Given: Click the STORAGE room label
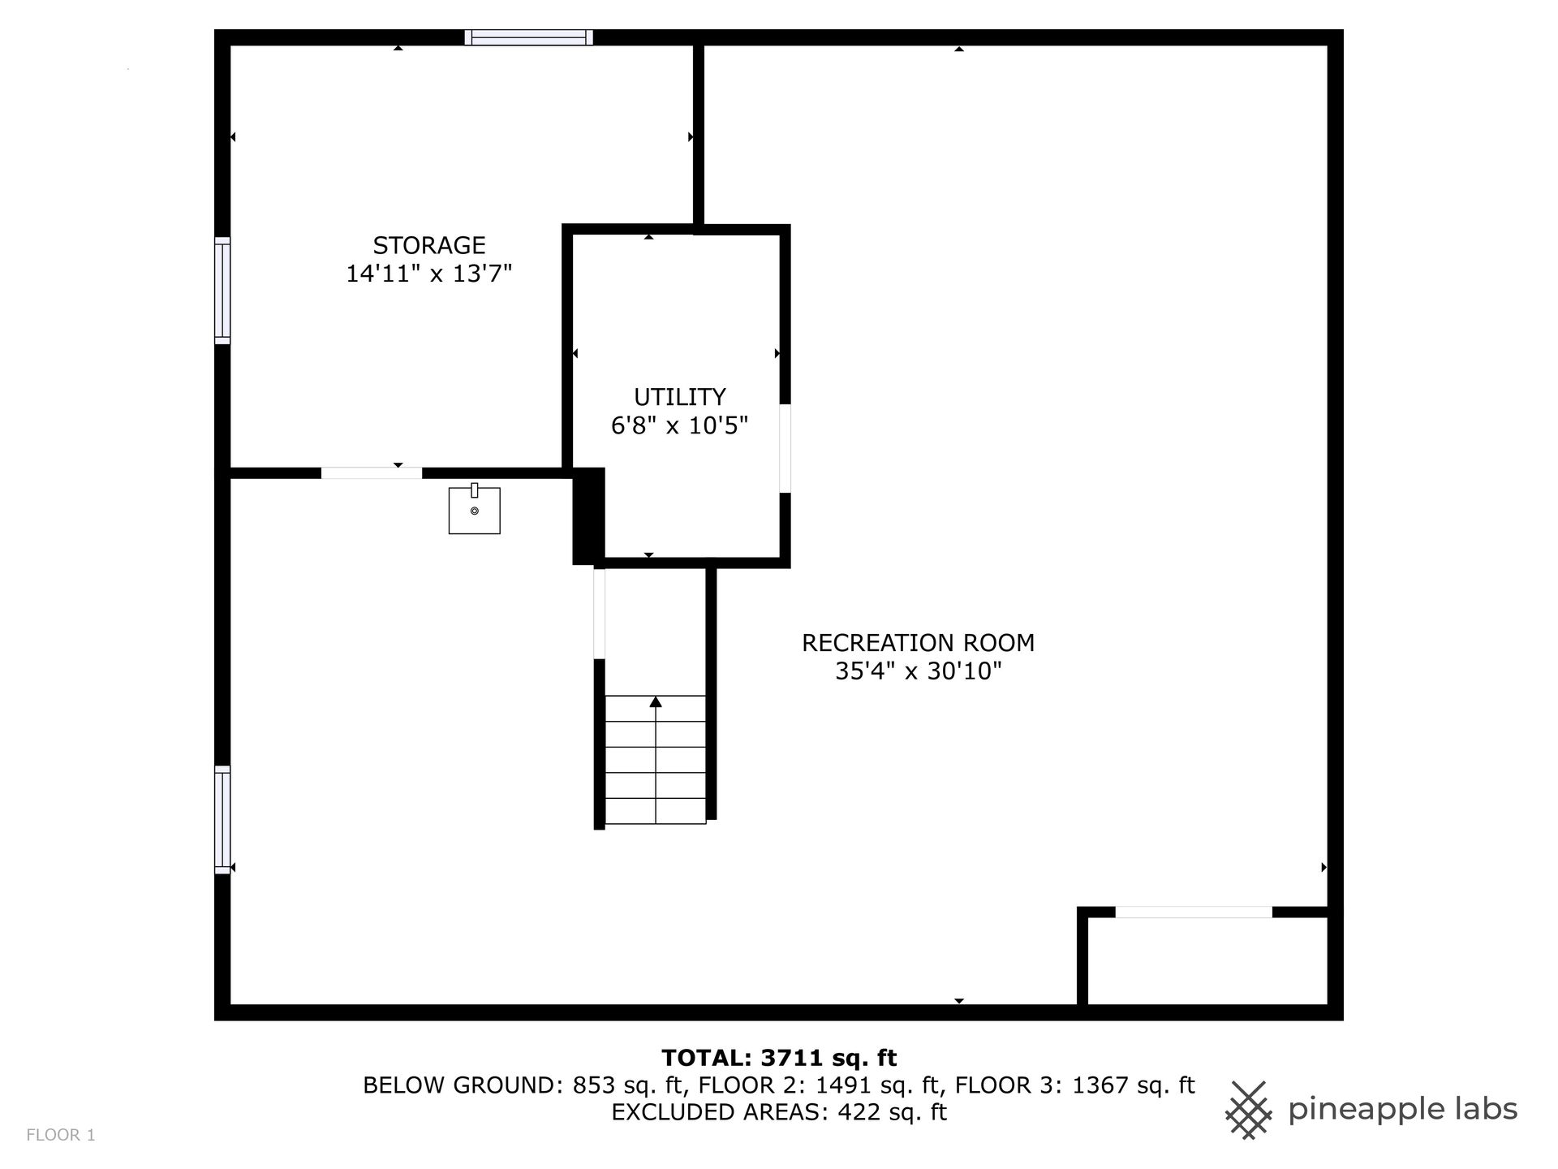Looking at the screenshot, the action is [x=429, y=245].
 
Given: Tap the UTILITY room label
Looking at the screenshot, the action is [x=680, y=397].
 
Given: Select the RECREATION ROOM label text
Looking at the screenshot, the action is [x=919, y=643].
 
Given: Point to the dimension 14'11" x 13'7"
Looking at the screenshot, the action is [x=429, y=274].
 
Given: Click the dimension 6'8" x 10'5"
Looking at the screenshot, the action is [x=680, y=425].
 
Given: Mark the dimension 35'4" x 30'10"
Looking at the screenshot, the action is [x=919, y=671].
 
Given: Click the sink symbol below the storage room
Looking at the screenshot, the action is [x=475, y=509].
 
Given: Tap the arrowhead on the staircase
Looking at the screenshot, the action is [x=656, y=701].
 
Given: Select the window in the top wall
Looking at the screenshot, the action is [x=529, y=37].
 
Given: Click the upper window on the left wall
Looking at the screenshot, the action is [x=222, y=291].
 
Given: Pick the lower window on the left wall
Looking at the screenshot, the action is [x=222, y=820].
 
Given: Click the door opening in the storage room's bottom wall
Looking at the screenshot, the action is [x=372, y=473].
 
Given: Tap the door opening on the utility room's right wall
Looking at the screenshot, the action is [x=785, y=448].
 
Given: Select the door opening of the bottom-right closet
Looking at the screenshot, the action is [x=1194, y=912].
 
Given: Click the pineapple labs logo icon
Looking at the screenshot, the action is [x=1249, y=1110].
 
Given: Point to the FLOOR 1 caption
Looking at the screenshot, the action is [x=61, y=1135].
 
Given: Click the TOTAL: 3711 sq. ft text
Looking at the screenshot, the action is [x=779, y=1058].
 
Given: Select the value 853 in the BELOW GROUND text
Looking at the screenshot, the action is [x=593, y=1085].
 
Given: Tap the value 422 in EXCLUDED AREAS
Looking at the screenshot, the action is [x=860, y=1112].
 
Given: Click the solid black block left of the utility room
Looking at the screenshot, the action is [x=589, y=516].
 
